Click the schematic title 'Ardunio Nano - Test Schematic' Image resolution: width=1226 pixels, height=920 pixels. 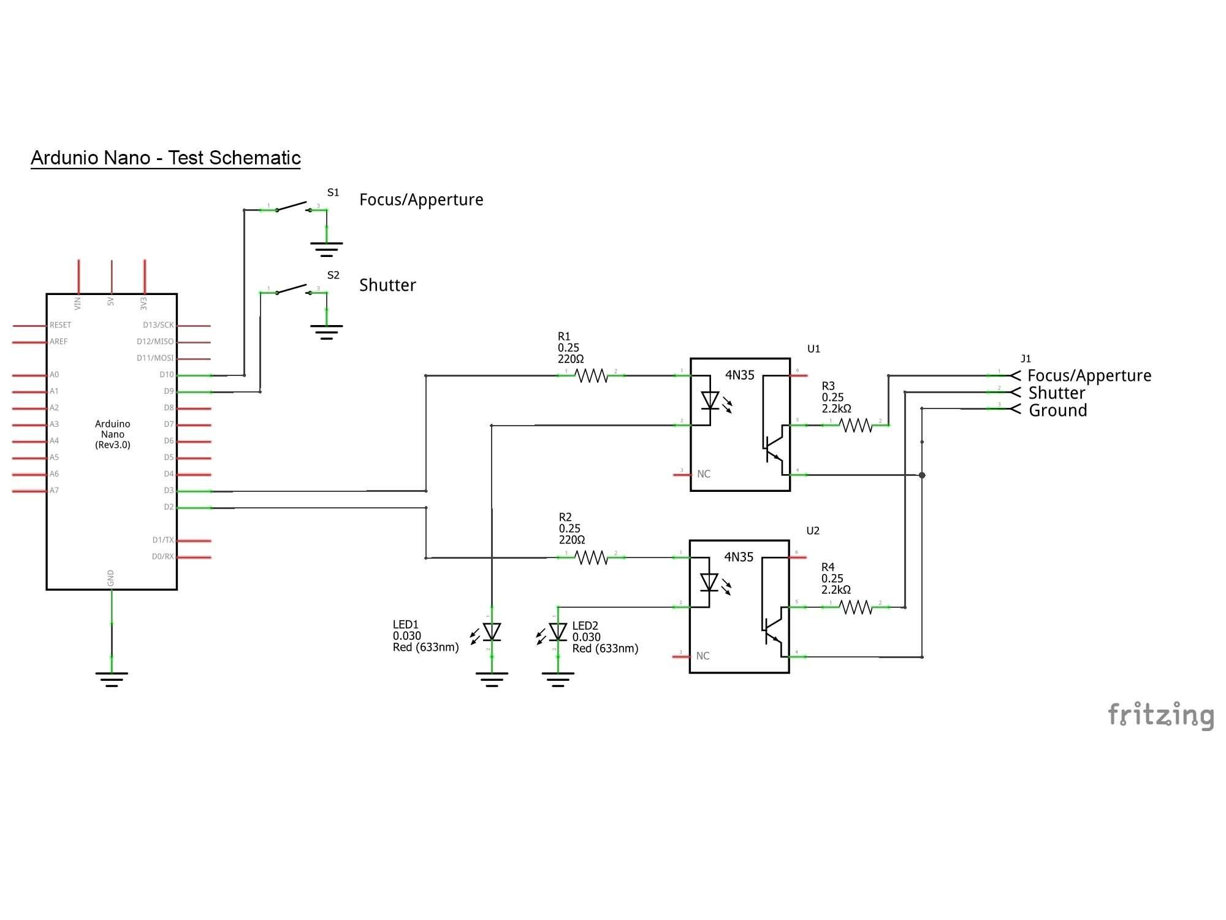pos(166,158)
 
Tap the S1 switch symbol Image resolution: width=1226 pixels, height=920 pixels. pos(293,206)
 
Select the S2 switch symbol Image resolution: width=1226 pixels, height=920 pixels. pos(293,289)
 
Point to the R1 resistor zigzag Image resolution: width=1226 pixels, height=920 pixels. pos(591,375)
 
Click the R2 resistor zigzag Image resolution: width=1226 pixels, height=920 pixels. pos(591,557)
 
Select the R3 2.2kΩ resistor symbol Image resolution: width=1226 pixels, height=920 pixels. pos(855,424)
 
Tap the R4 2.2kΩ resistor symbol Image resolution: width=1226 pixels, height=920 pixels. pos(855,607)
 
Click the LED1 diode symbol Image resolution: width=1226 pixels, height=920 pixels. pos(492,632)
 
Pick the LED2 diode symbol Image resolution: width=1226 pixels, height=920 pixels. pos(558,632)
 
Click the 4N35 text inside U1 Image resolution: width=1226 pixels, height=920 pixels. pos(739,375)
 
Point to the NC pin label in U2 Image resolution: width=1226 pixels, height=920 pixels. pos(702,656)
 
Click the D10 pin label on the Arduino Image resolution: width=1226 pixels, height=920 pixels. pos(166,375)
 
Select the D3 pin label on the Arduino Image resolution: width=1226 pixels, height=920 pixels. pos(169,491)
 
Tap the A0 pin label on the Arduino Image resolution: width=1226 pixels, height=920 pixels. pos(55,375)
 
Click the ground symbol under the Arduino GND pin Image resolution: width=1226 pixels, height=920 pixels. pos(112,678)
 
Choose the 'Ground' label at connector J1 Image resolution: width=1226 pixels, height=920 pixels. pos(1057,410)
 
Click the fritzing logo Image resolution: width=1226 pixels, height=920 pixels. pos(1160,715)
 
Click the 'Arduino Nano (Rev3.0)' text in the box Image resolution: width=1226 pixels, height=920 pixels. pos(113,434)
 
